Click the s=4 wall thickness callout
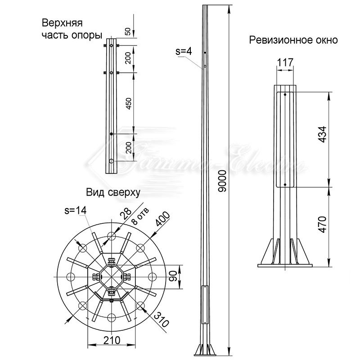point(184,52)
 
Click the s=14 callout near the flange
point(75,209)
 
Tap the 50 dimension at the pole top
point(128,31)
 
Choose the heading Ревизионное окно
point(293,40)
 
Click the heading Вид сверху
point(113,192)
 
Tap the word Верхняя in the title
point(58,23)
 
